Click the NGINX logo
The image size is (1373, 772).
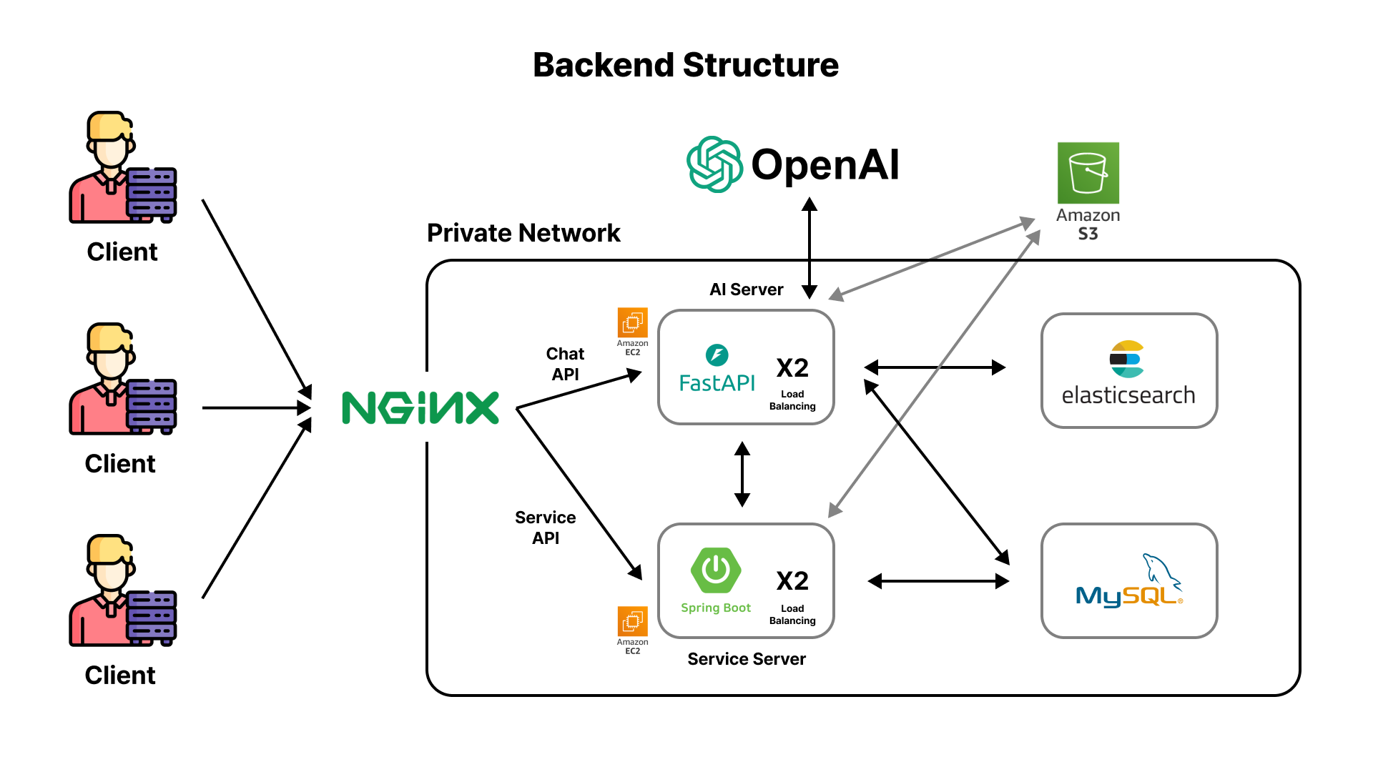pyautogui.click(x=420, y=408)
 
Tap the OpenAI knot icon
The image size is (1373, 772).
pyautogui.click(x=714, y=164)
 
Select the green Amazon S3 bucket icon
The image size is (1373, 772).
pyautogui.click(x=1088, y=173)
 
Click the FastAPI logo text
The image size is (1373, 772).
pyautogui.click(x=717, y=383)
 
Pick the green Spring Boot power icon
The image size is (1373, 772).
pyautogui.click(x=716, y=570)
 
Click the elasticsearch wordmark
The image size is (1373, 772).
pyautogui.click(x=1128, y=395)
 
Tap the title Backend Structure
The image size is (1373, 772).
pyautogui.click(x=685, y=65)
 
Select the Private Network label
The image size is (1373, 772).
pyautogui.click(x=523, y=233)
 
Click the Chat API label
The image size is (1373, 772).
pyautogui.click(x=565, y=364)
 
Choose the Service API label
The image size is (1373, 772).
pyautogui.click(x=545, y=528)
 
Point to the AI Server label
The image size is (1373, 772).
pyautogui.click(x=746, y=289)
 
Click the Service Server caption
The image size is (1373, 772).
pyautogui.click(x=746, y=659)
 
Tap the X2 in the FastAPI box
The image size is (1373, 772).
pyautogui.click(x=792, y=368)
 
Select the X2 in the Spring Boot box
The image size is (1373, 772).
pyautogui.click(x=792, y=581)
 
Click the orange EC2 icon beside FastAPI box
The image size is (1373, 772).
pyautogui.click(x=632, y=323)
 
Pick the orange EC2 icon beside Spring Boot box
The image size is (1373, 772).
pyautogui.click(x=632, y=621)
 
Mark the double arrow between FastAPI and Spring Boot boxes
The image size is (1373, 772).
pyautogui.click(x=742, y=474)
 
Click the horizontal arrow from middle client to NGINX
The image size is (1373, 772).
pyautogui.click(x=256, y=408)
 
